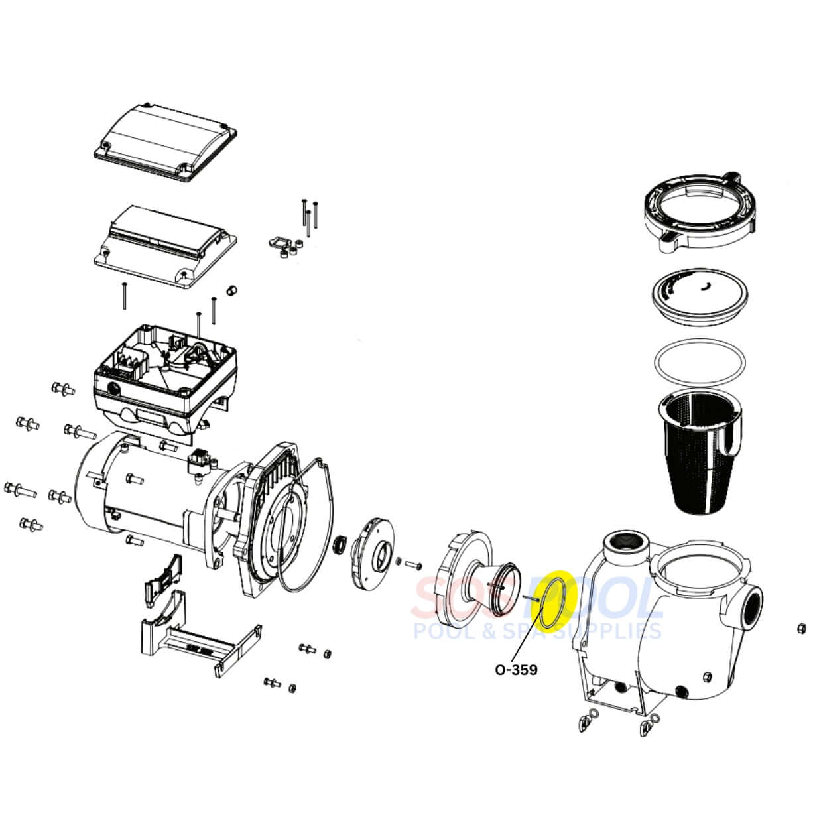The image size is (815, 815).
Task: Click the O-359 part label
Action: point(517,670)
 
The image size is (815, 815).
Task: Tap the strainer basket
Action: point(700,450)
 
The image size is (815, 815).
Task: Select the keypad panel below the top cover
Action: point(166,245)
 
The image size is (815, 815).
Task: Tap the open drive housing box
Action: point(166,378)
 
